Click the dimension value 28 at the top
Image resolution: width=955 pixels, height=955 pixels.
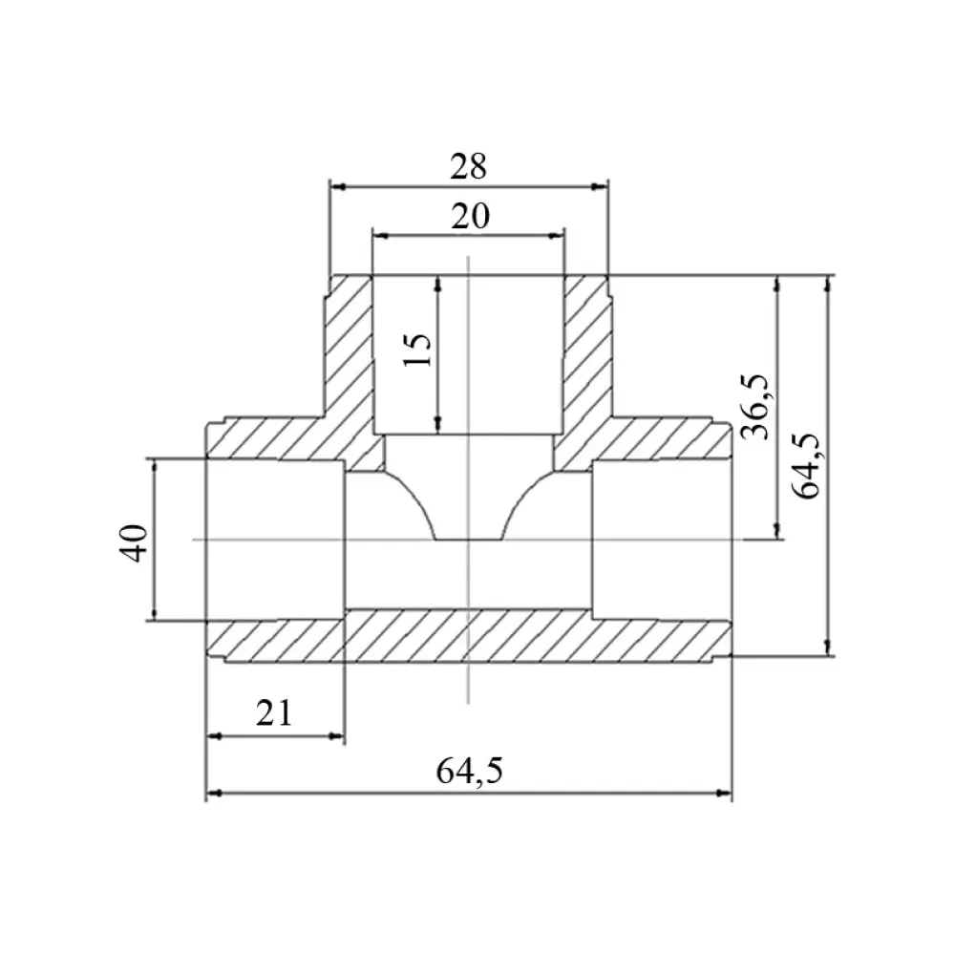[468, 166]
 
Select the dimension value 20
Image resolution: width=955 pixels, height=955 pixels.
[470, 216]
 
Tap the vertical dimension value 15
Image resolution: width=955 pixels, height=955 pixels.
[418, 350]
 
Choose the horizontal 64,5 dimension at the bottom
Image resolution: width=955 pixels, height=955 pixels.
[469, 771]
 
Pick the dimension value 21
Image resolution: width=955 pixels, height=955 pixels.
[274, 713]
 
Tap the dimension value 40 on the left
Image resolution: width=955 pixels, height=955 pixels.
[134, 542]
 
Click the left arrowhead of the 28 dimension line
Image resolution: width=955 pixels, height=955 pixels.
[337, 186]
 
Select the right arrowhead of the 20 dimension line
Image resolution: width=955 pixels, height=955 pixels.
[557, 236]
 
